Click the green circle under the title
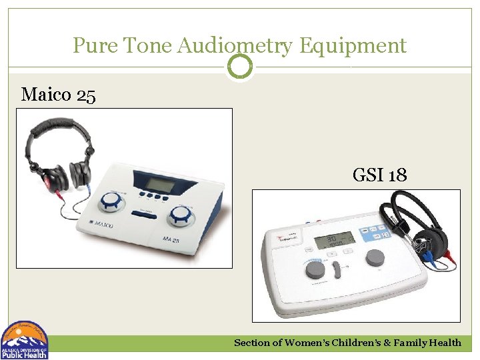click(240, 67)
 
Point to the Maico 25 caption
click(59, 95)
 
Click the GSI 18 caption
click(379, 176)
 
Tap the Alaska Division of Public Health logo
click(25, 340)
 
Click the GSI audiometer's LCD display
click(335, 239)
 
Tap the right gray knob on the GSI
click(375, 257)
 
